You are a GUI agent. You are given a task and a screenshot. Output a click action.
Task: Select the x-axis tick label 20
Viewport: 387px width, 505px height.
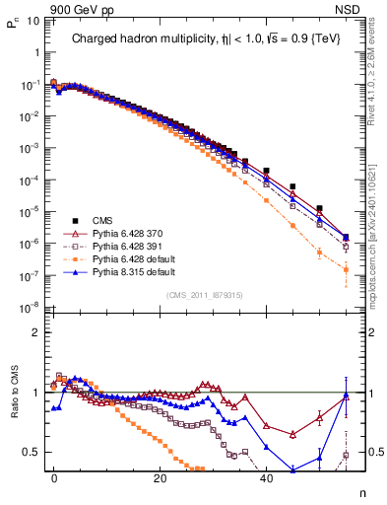click(x=160, y=477)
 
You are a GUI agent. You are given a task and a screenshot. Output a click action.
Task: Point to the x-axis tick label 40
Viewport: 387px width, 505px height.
click(x=266, y=477)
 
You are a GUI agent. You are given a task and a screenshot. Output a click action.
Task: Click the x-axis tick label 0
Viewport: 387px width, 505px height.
click(x=54, y=477)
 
